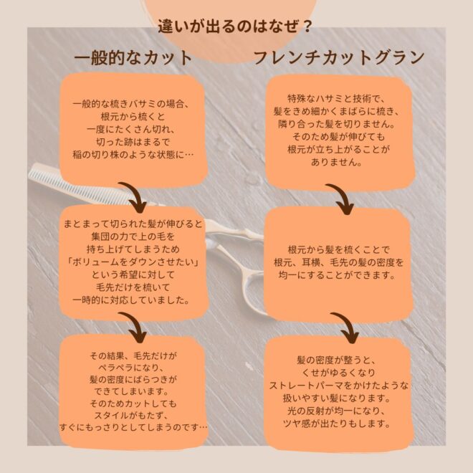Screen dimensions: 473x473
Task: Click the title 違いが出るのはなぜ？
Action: [235, 27]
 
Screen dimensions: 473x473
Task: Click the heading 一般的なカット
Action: [133, 57]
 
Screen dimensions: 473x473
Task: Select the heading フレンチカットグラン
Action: [339, 57]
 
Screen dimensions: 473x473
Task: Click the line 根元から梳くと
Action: [133, 117]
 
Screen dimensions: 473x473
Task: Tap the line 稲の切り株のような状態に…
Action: [133, 155]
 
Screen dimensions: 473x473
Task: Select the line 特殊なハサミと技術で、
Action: [335, 99]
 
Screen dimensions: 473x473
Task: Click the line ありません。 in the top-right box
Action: [337, 162]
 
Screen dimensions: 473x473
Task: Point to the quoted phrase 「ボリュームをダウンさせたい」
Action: [133, 262]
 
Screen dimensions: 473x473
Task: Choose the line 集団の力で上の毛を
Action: [133, 236]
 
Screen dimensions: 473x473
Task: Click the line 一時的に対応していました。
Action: [132, 300]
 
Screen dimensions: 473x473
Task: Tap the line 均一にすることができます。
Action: [337, 275]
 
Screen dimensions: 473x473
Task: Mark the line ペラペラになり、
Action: [131, 368]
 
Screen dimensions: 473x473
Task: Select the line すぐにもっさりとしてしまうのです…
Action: [133, 427]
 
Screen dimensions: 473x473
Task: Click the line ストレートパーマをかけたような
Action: [338, 386]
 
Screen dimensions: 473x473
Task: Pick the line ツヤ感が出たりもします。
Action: [337, 424]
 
